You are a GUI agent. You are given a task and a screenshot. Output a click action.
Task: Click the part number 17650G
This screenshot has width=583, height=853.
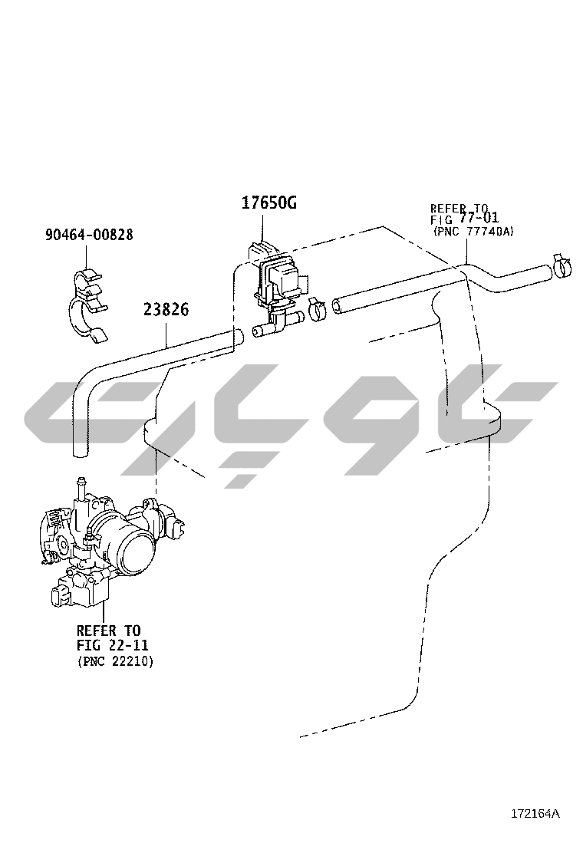click(268, 203)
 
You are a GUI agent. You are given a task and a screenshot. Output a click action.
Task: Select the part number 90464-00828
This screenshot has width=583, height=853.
click(88, 235)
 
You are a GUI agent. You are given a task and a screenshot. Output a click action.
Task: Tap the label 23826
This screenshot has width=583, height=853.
click(166, 310)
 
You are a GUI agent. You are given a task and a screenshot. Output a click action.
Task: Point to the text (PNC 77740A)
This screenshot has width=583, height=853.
click(473, 230)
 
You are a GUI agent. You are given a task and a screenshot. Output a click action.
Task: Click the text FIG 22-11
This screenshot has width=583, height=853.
click(112, 645)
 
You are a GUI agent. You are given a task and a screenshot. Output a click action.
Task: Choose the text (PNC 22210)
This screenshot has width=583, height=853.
click(115, 660)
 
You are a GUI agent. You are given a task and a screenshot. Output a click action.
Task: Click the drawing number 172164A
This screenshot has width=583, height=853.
click(536, 813)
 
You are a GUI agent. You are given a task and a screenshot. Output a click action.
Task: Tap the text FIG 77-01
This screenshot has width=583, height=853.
click(465, 219)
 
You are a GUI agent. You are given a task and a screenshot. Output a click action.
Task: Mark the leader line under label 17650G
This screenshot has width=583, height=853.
click(263, 226)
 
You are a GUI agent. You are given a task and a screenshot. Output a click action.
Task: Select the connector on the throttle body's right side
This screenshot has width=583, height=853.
click(180, 530)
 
